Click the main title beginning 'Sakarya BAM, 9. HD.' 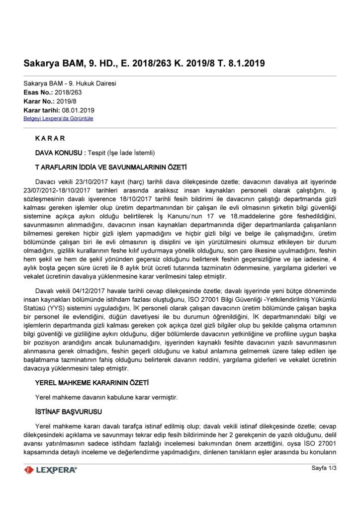[x=144, y=64]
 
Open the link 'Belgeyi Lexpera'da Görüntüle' [x=58, y=119]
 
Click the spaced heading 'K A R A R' [x=50, y=138]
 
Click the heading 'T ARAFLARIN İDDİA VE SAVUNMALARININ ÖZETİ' [x=110, y=167]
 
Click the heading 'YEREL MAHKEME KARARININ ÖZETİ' [x=91, y=383]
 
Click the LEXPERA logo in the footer [x=51, y=470]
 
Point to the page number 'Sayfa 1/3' [x=324, y=468]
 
